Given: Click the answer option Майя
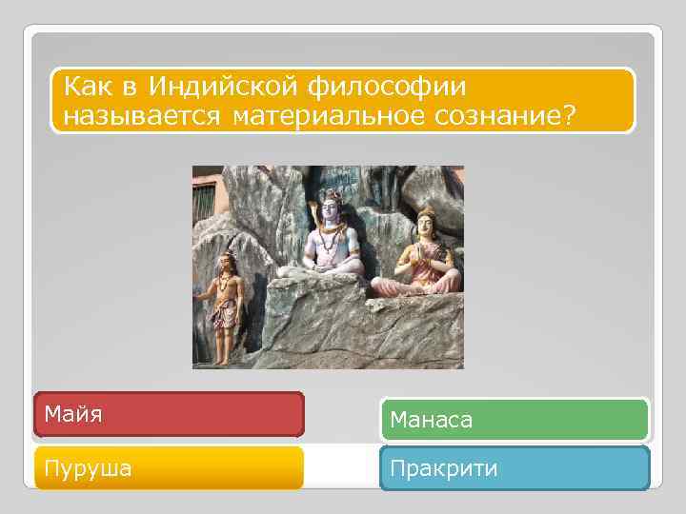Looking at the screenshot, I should [169, 415].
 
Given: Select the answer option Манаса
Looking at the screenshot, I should [514, 419].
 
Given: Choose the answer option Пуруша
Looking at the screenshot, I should [169, 468].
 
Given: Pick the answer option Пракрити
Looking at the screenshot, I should [514, 468].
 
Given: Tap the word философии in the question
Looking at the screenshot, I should [387, 89].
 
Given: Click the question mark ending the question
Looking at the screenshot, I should [570, 115].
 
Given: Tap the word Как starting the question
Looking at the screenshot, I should [88, 89].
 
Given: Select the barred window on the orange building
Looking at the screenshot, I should [204, 201].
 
